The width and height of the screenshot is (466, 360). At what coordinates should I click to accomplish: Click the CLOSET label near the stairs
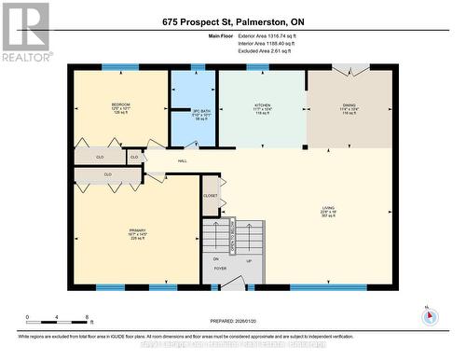[x=211, y=196]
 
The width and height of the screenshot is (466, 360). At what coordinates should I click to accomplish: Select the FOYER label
[x=220, y=269]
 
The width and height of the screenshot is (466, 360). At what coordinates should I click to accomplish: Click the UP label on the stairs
[x=248, y=261]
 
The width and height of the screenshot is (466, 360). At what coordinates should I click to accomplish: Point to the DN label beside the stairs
[x=215, y=258]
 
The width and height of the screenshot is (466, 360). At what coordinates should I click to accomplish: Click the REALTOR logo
[x=25, y=32]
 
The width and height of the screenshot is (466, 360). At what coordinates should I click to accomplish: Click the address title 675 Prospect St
[x=233, y=21]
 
